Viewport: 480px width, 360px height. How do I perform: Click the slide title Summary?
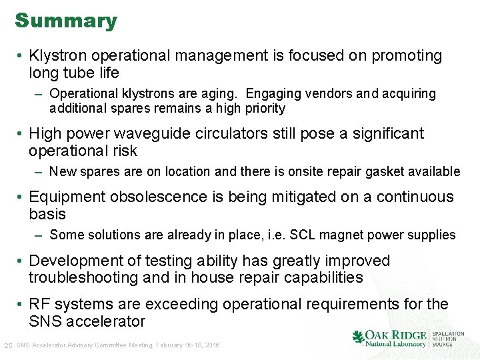66,21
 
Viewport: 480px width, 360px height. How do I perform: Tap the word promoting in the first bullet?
406,56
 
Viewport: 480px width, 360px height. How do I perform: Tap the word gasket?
379,171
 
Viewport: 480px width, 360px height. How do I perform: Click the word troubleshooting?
81,277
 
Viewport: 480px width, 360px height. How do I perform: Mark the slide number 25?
8,345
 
